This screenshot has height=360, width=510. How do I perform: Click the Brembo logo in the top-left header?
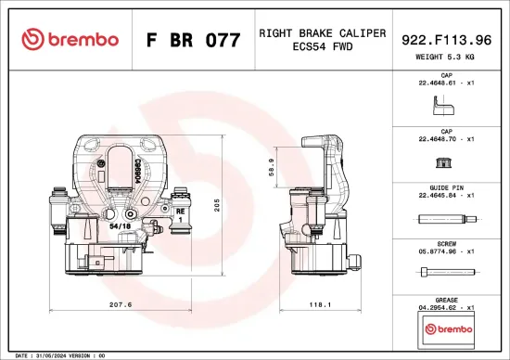click(x=70, y=39)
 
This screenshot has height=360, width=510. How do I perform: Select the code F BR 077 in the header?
click(x=193, y=40)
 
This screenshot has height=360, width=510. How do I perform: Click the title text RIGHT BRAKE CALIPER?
click(x=322, y=32)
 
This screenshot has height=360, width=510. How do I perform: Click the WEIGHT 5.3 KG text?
click(x=446, y=58)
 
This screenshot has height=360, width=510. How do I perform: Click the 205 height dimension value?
click(x=216, y=205)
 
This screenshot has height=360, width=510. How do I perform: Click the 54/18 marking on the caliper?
click(x=121, y=225)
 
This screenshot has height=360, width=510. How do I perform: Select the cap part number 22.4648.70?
click(x=442, y=139)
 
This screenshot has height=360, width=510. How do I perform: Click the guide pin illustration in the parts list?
click(x=445, y=219)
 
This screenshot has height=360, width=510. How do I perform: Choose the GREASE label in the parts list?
click(x=446, y=300)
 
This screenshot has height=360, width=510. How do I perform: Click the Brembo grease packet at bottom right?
click(x=446, y=328)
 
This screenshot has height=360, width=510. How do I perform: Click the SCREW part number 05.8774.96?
click(x=442, y=251)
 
